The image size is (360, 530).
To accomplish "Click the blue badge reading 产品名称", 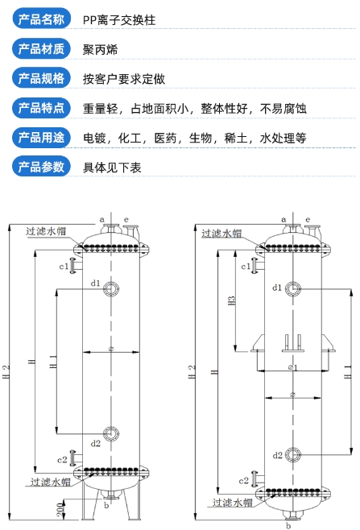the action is (41, 19).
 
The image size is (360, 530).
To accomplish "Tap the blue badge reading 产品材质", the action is (41, 48).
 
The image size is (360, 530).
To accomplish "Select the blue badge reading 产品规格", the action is (41, 78).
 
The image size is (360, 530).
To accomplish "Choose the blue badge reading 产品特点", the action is (41, 108).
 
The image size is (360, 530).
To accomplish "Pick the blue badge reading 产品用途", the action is (41, 137).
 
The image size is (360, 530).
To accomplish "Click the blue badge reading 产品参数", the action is (41, 167).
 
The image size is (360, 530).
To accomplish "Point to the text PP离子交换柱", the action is (119, 20).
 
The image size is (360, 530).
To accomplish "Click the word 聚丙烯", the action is (101, 50).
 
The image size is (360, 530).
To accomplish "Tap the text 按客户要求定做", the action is (124, 79).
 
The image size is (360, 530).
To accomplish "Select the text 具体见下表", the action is (112, 168).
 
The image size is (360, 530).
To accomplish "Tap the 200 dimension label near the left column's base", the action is (60, 509).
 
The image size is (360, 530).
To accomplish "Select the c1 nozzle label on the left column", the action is (64, 267).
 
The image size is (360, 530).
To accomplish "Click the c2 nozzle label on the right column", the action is (244, 481).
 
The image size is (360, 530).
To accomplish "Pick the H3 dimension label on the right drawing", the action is (232, 300).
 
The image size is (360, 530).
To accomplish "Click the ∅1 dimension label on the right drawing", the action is (292, 367).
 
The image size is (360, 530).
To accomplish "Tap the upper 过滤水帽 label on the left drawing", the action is (46, 231).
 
